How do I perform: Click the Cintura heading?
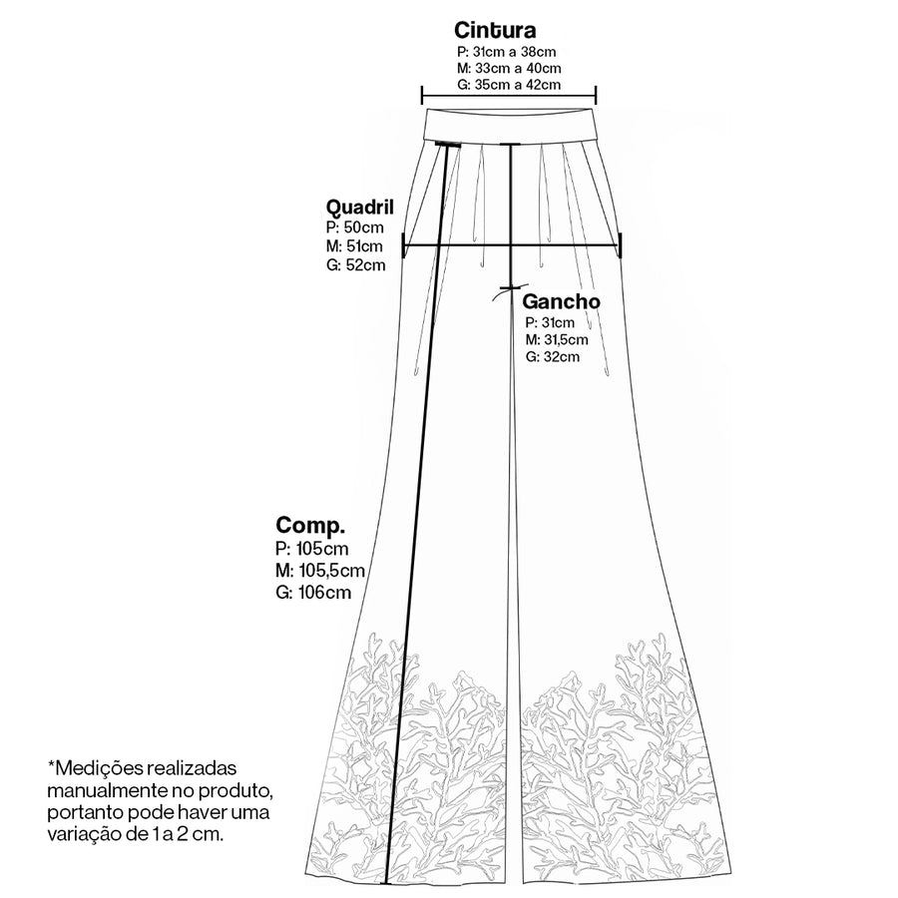(495, 30)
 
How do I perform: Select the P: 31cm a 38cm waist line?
(506, 52)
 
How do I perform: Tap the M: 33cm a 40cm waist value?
(509, 69)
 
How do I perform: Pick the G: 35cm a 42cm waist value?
(509, 86)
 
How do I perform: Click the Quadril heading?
(359, 207)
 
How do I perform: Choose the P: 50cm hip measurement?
(354, 227)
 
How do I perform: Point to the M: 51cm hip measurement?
(354, 246)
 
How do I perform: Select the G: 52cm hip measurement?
(355, 265)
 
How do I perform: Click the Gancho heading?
(561, 301)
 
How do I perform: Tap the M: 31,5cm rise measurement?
(557, 339)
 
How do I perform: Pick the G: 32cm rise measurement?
(553, 357)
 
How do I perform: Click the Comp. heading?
(310, 525)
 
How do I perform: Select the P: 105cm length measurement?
(311, 549)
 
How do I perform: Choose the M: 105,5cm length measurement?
(320, 571)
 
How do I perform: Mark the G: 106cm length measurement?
(313, 592)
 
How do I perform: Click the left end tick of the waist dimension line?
(422, 95)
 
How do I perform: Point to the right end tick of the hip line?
(621, 245)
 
